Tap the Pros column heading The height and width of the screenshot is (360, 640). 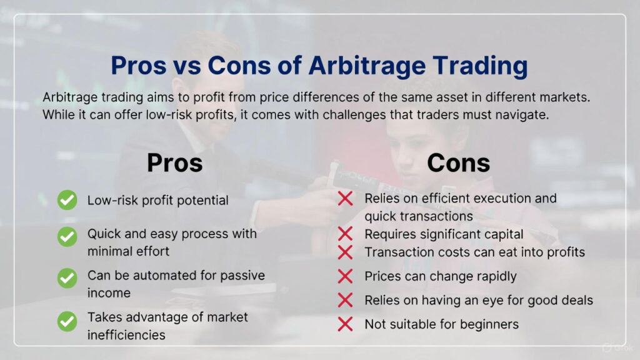(x=174, y=163)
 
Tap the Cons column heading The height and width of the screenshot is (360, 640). (x=458, y=163)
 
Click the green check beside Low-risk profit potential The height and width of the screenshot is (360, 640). (x=67, y=200)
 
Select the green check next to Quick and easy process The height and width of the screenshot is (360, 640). (x=67, y=237)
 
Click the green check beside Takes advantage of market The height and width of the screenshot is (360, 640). (x=67, y=321)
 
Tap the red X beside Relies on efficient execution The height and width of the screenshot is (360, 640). (x=345, y=199)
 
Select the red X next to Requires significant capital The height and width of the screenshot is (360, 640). (x=345, y=234)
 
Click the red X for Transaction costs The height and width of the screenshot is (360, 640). (x=345, y=252)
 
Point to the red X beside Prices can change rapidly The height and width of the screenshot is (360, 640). (x=345, y=276)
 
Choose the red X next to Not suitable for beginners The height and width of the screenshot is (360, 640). (x=345, y=324)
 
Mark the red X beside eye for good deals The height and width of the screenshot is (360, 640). (x=345, y=301)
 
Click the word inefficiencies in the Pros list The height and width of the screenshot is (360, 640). (x=126, y=335)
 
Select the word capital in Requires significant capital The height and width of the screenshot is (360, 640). (x=502, y=234)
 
